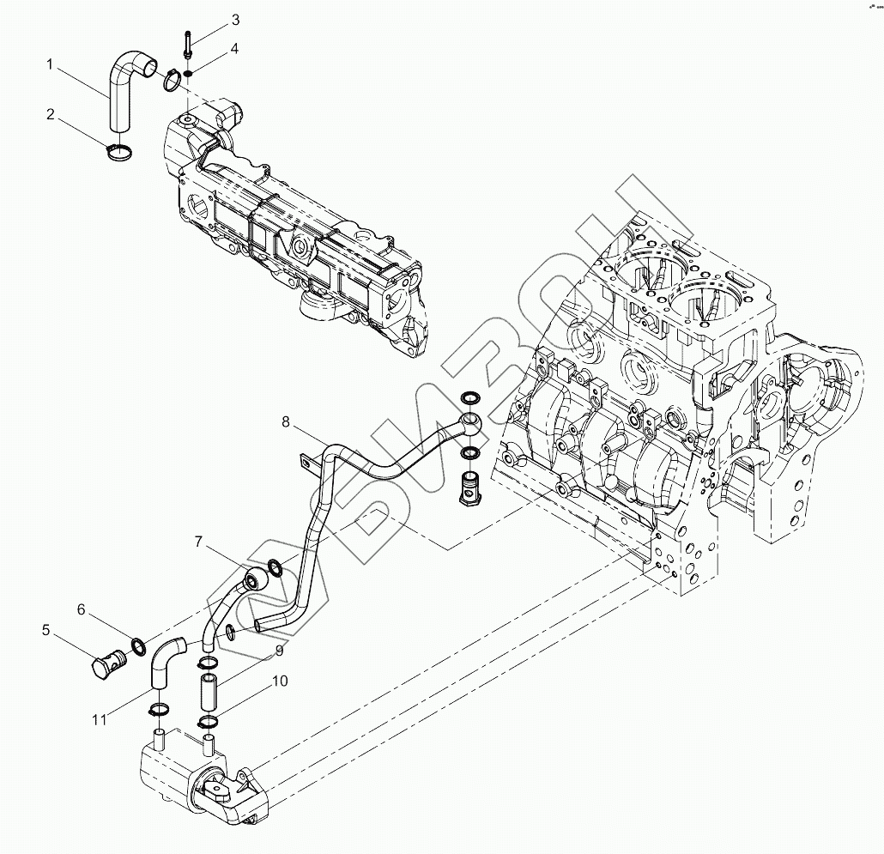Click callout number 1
[51, 64]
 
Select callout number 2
[51, 113]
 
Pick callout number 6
[82, 609]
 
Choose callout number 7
[198, 542]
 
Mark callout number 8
[287, 421]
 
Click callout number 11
[100, 719]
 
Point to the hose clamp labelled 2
[120, 153]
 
